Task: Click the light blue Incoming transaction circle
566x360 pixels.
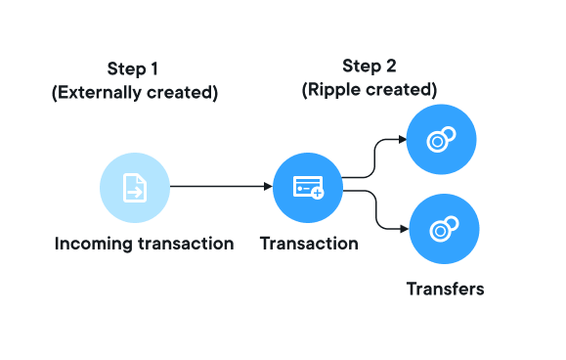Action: point(135,188)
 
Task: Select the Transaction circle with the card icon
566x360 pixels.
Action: point(308,188)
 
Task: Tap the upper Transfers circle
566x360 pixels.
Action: point(442,139)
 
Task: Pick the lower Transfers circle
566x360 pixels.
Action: point(445,229)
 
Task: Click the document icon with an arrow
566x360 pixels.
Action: point(135,188)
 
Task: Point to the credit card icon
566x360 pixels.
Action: point(308,188)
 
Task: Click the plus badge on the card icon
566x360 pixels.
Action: point(318,193)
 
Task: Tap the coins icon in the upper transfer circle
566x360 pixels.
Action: point(441,139)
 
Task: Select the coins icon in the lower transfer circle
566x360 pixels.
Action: point(445,229)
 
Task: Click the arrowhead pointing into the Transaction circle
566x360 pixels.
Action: point(268,186)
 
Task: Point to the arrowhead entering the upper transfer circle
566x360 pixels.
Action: point(403,139)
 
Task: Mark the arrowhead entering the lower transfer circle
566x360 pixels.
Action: point(405,229)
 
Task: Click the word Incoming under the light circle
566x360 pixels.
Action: point(94,245)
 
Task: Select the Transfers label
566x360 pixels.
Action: point(446,290)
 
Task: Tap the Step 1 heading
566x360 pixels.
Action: point(133,68)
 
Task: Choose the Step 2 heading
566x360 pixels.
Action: point(370,67)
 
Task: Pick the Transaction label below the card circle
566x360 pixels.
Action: point(309,244)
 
